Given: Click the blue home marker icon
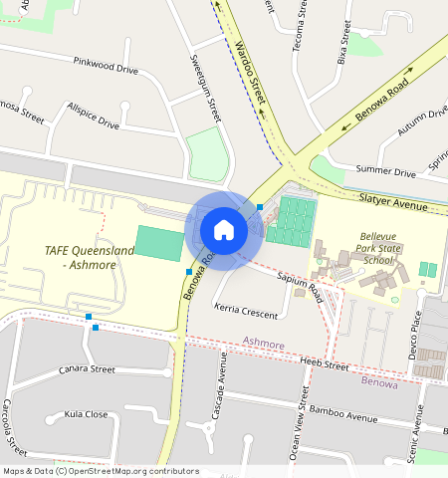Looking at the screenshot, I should [224, 230].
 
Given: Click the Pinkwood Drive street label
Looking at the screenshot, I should [106, 65].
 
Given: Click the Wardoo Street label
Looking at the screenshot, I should [251, 72].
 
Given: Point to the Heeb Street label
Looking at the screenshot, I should [324, 364].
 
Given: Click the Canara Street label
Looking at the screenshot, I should [88, 369].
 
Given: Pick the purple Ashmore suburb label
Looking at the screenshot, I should [264, 344].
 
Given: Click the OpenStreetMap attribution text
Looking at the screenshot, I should [100, 471].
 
